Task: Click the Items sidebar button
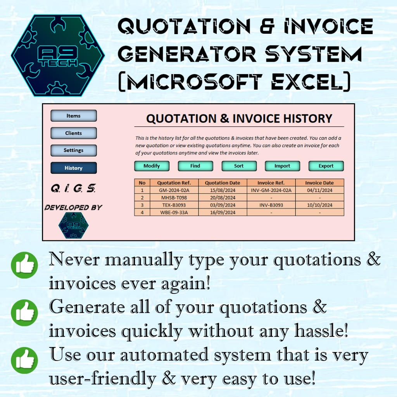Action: click(x=73, y=116)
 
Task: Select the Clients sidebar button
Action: click(x=73, y=133)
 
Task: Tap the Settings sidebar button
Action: click(x=73, y=150)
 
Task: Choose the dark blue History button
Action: click(x=73, y=168)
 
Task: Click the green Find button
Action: click(x=195, y=166)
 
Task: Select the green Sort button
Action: click(x=239, y=166)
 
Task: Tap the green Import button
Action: click(x=282, y=166)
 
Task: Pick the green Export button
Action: click(x=326, y=166)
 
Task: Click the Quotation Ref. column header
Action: click(x=174, y=183)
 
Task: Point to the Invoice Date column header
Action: click(x=319, y=183)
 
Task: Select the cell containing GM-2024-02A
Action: click(x=174, y=190)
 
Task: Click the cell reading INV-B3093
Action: click(x=271, y=205)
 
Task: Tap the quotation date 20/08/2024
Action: click(x=222, y=198)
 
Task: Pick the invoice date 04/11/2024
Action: click(x=319, y=190)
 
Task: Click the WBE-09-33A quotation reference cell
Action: click(x=174, y=212)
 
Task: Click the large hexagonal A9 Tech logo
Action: click(x=58, y=55)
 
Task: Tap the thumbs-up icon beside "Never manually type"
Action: click(x=24, y=265)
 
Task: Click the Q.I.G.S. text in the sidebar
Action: click(x=73, y=189)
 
